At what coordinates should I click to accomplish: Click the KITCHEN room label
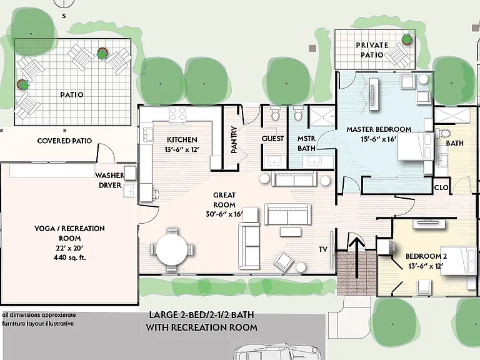click(182, 139)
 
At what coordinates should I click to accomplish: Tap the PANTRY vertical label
click(234, 139)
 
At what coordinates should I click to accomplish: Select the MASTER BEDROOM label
click(379, 129)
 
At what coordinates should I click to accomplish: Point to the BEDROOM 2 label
click(426, 256)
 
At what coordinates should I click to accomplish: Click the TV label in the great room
click(323, 249)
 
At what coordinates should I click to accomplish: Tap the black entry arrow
click(357, 256)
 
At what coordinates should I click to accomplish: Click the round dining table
click(172, 249)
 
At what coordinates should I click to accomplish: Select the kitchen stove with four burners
click(177, 114)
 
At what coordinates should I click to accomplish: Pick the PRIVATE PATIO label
click(372, 50)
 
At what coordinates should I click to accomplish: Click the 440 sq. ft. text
click(70, 257)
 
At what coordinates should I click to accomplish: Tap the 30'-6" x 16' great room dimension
click(224, 214)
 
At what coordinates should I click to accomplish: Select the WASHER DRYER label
click(110, 180)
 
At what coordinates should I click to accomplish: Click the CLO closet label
click(441, 187)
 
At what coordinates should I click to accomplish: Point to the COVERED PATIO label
click(64, 141)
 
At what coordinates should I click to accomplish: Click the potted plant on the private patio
click(407, 39)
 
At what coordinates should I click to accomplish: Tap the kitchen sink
click(148, 135)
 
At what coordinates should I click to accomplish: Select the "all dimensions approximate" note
click(39, 315)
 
